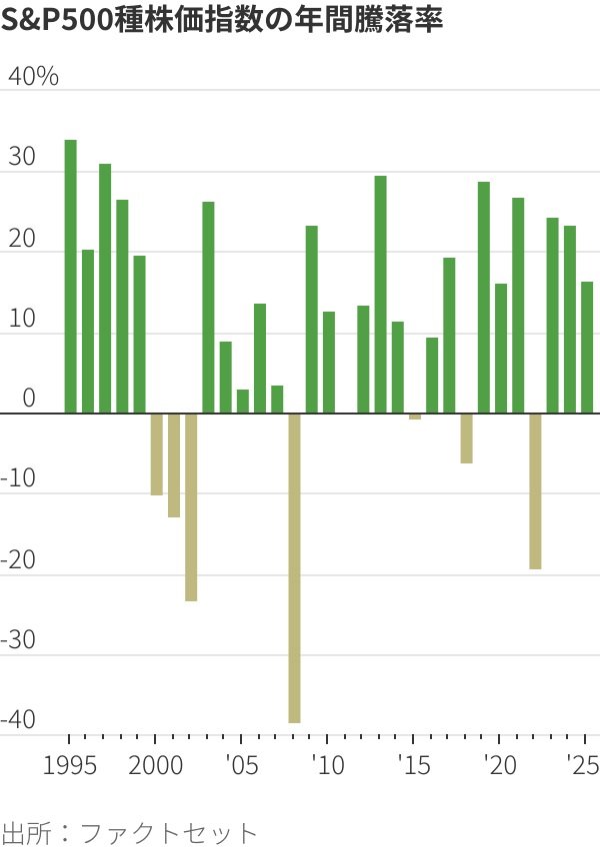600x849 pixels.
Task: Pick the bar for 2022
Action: point(535,490)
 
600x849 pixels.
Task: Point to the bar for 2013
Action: point(380,295)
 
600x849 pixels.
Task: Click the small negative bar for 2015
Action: point(415,417)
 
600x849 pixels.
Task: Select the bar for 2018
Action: point(466,437)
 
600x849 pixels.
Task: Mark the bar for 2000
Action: point(156,453)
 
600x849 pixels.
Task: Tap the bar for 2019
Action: point(484,298)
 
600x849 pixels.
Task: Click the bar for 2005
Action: point(242,401)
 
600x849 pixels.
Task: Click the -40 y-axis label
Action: point(20,720)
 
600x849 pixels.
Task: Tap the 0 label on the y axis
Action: point(28,399)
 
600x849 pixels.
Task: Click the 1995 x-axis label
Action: point(70,766)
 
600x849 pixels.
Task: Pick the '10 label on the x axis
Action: point(328,766)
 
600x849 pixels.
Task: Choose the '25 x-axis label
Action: point(583,766)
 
